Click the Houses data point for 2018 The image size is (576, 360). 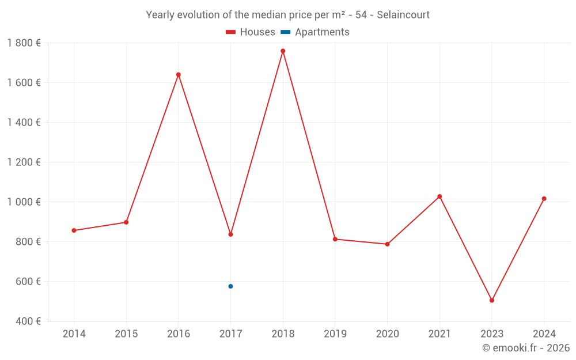(x=283, y=51)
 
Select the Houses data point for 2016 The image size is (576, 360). (x=179, y=74)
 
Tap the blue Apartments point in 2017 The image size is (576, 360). (x=230, y=286)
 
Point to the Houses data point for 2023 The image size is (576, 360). (x=492, y=300)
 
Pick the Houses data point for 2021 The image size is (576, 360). (x=439, y=196)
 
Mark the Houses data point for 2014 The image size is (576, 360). (x=74, y=230)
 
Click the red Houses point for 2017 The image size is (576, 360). (x=230, y=234)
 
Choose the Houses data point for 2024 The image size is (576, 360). (x=544, y=199)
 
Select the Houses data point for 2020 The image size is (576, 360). (x=387, y=244)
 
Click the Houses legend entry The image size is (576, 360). (x=251, y=32)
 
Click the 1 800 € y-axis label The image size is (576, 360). (x=24, y=43)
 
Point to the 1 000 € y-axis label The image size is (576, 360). (x=24, y=202)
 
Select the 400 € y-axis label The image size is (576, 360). (x=28, y=321)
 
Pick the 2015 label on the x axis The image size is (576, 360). (x=126, y=334)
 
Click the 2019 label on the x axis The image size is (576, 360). (x=335, y=334)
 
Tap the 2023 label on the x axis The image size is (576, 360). (x=492, y=334)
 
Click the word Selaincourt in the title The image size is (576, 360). (x=403, y=15)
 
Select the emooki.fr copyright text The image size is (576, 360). (x=526, y=348)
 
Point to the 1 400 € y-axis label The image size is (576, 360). (x=24, y=123)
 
